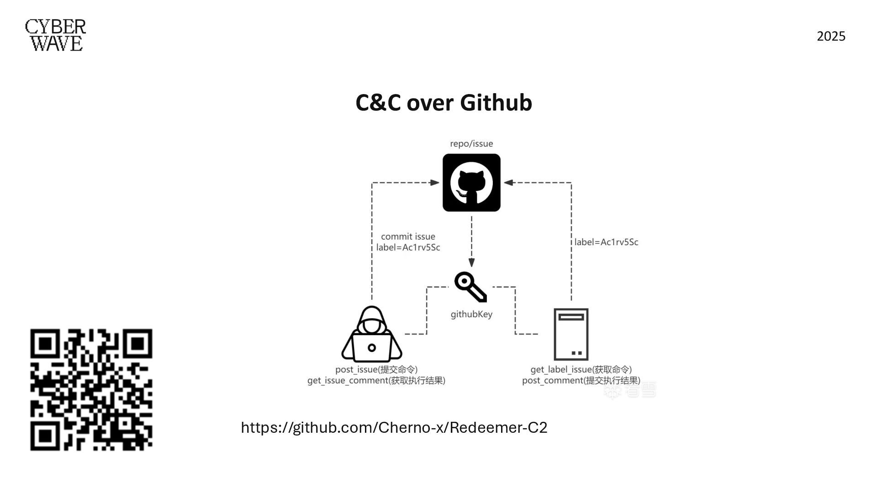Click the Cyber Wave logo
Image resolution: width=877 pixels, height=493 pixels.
[55, 35]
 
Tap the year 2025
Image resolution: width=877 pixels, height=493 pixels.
[831, 37]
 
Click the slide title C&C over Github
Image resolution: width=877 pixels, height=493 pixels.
[444, 103]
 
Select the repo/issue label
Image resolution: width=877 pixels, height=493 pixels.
[471, 144]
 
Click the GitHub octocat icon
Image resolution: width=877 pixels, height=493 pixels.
[471, 183]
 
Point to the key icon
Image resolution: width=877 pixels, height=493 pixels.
[470, 287]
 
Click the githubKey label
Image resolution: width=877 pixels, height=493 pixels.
[471, 314]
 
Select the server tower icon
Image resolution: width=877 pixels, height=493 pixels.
[571, 334]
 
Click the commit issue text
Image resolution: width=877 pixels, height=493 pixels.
[408, 236]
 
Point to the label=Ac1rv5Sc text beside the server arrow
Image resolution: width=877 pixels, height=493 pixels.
[606, 242]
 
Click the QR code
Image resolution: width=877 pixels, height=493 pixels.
[91, 389]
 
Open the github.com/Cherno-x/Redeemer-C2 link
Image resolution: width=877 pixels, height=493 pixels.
[394, 428]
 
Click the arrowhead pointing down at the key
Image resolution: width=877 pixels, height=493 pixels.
[471, 262]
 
